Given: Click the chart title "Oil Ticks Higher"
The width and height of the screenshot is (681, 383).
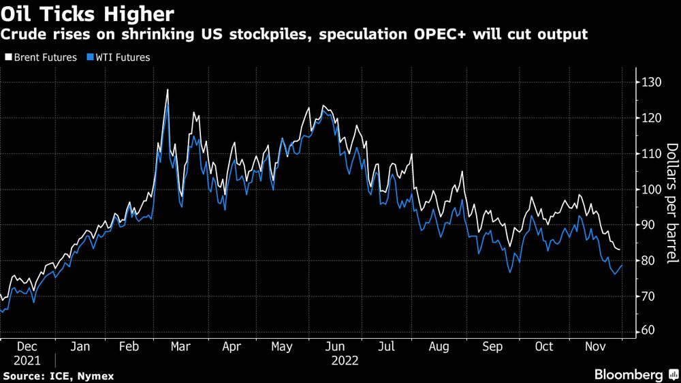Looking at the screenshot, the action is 87,14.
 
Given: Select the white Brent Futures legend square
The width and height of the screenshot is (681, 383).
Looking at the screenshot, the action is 8,57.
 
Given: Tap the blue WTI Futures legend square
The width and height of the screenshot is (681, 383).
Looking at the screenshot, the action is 91,57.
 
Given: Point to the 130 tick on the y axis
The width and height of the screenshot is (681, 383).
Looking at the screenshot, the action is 652,82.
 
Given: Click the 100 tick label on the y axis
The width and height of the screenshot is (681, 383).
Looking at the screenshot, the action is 652,189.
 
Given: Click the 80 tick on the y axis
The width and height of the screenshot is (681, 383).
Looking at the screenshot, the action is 649,261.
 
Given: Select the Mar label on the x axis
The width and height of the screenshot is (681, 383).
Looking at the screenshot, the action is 180,346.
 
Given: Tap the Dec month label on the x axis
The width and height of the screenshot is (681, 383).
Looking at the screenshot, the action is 27,346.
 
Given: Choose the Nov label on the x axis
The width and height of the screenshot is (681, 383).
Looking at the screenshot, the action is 595,346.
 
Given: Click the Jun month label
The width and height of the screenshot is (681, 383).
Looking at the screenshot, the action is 335,346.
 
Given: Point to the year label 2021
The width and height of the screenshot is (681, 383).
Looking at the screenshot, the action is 27,361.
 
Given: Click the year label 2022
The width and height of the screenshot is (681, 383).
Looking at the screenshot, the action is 345,361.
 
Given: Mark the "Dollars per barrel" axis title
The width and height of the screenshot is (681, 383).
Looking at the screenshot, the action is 672,203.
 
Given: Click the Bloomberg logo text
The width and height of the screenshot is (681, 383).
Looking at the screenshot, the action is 629,375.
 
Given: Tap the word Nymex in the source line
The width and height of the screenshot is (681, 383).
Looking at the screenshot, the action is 95,376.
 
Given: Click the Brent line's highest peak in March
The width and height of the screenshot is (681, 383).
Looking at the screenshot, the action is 168,90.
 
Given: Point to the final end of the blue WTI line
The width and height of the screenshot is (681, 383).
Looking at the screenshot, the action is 622,266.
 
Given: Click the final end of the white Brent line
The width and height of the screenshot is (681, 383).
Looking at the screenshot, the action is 619,249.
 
